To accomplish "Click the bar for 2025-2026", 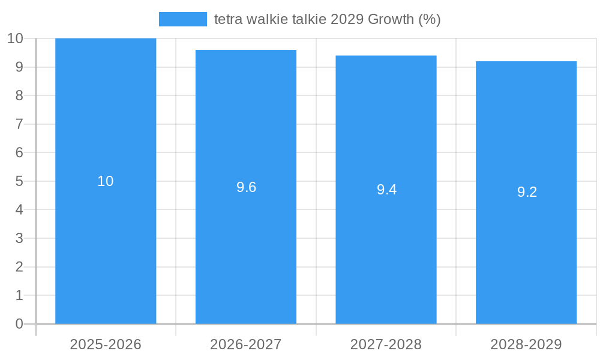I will click(x=106, y=240).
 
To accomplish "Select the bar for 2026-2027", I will click(x=246, y=252).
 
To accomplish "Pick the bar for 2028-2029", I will click(x=526, y=258).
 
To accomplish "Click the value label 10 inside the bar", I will click(x=106, y=181).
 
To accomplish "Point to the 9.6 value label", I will click(x=246, y=187).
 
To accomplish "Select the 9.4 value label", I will click(x=386, y=190).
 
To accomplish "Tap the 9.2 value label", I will click(x=527, y=193).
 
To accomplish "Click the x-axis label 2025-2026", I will click(x=106, y=344).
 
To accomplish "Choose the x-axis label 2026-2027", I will click(x=246, y=344).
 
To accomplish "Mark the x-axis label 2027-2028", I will click(x=386, y=344).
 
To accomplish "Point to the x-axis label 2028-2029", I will click(x=526, y=344).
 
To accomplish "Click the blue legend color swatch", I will click(x=183, y=19).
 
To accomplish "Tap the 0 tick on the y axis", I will click(x=19, y=324).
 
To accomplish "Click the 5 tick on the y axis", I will click(x=19, y=181).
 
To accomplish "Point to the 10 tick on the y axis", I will click(x=15, y=38).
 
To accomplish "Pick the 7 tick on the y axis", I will click(x=19, y=124).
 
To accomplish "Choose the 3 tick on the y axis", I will click(x=19, y=238).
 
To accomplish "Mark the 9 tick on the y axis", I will click(x=19, y=67).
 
